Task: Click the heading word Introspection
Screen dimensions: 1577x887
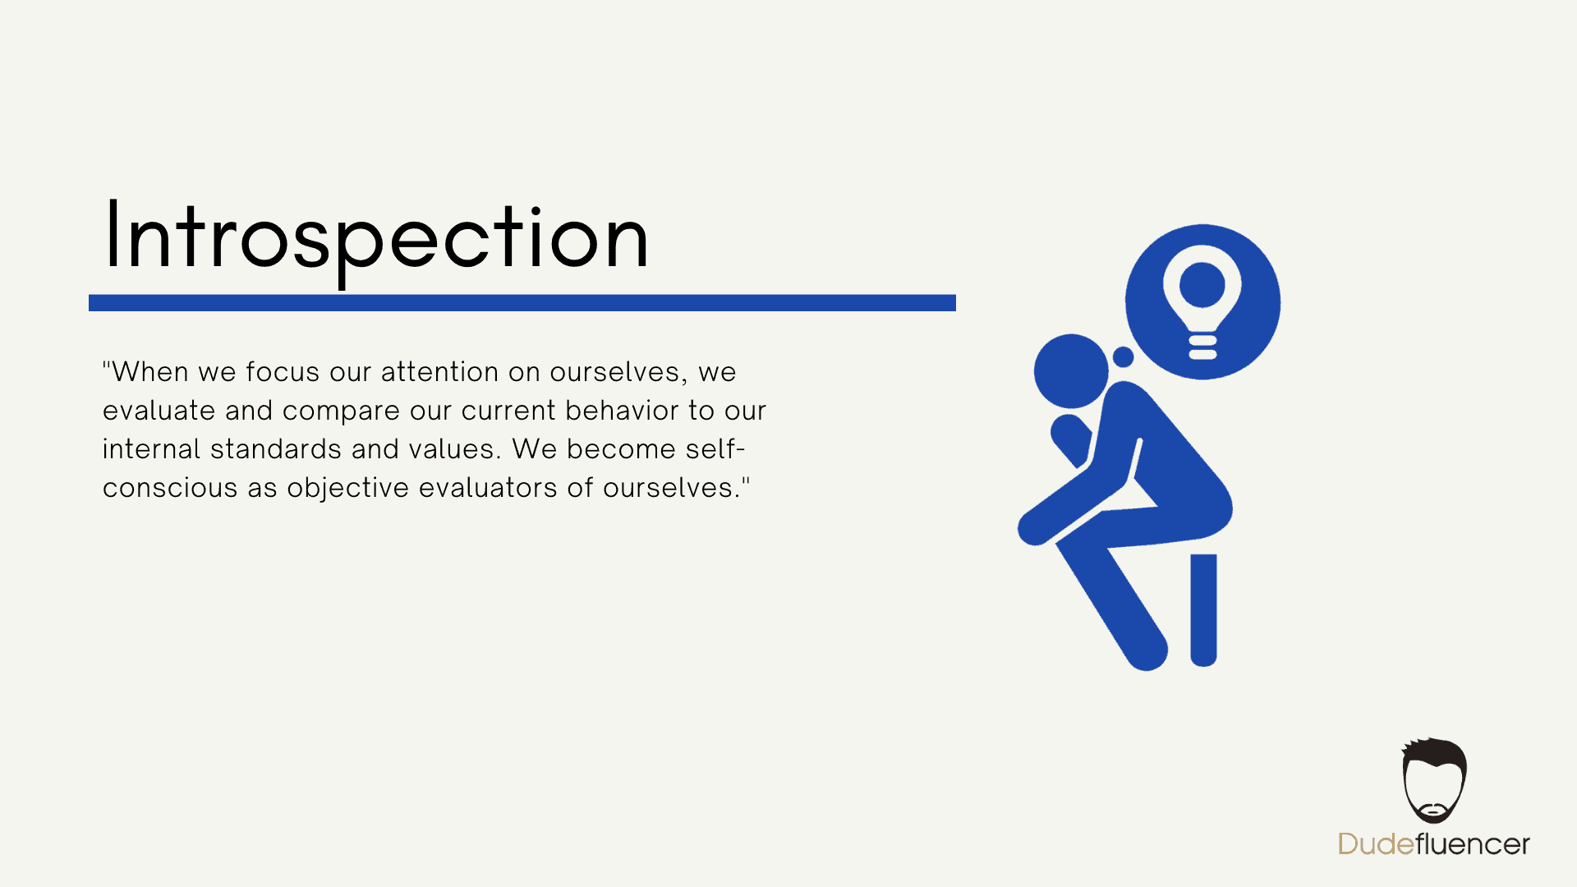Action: click(x=377, y=238)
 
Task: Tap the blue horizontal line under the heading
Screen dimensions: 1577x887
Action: click(x=522, y=303)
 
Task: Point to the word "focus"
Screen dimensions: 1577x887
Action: click(x=283, y=372)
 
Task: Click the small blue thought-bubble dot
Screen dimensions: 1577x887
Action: click(x=1123, y=356)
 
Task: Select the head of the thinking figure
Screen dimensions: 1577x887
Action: click(x=1071, y=371)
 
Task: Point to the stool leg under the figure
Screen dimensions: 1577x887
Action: click(x=1203, y=610)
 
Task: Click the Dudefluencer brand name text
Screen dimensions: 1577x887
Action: click(x=1434, y=844)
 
